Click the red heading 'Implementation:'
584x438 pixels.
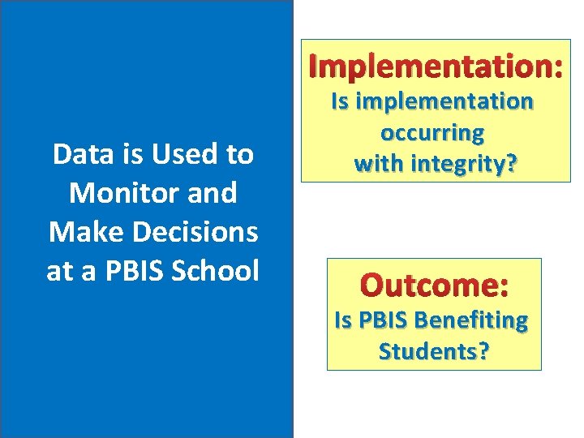coord(436,67)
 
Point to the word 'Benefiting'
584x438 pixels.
coord(471,320)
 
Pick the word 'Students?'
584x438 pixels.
coord(433,352)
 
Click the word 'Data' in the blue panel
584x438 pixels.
coord(78,154)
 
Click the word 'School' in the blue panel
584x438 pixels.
coord(216,271)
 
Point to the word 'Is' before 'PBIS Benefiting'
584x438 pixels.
coord(342,320)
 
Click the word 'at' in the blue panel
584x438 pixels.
coord(60,271)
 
